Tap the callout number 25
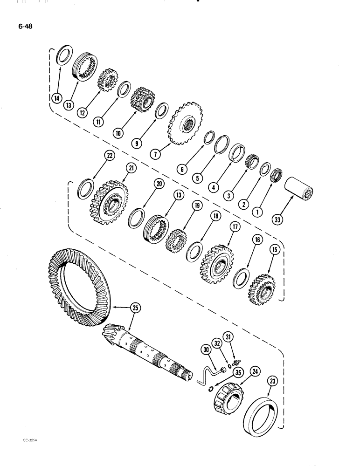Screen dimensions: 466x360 (x=134, y=307)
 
